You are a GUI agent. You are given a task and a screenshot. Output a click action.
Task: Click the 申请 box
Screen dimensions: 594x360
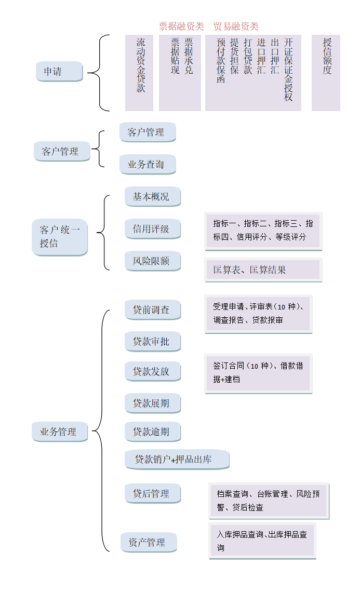59,72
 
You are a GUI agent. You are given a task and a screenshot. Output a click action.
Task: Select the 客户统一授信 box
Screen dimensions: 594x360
60,237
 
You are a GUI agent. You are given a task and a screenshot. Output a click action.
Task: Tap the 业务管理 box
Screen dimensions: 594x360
60,431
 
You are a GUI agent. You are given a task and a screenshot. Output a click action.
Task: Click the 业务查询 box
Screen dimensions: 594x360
148,165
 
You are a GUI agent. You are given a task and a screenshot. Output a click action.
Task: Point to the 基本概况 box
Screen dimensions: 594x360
152,196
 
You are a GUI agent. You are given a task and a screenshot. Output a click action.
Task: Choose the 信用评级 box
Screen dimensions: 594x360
152,228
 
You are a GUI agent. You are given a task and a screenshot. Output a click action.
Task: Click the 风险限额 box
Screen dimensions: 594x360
152,261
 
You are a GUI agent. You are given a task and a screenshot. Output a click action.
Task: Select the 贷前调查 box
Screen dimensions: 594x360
152,310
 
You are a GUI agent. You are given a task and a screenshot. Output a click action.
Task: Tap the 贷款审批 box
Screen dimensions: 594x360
152,342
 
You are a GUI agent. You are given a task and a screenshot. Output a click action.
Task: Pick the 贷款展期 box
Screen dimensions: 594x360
152,403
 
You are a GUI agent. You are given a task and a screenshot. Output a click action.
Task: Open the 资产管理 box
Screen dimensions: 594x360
149,543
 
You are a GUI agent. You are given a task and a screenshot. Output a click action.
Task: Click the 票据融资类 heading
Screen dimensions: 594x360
181,26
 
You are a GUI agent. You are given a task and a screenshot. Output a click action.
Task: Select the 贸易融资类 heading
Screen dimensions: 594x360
236,26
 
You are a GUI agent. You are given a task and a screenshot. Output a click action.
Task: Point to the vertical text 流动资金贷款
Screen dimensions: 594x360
140,65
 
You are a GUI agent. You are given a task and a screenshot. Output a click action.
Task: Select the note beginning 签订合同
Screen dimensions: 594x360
258,373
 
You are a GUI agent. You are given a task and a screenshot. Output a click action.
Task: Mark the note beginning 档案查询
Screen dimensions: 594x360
269,501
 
